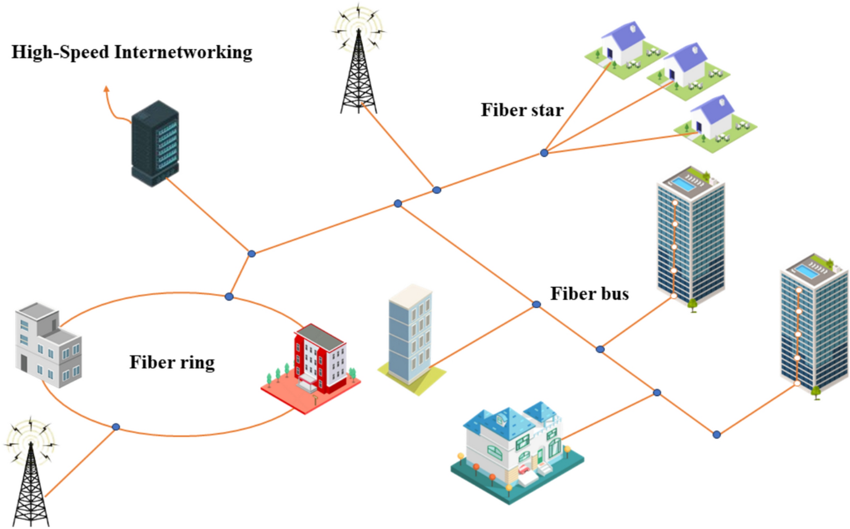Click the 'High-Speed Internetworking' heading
132,53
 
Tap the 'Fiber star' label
522,110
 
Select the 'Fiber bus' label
589,294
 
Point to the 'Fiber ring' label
172,362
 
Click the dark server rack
155,144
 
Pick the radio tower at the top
358,62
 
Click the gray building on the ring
48,345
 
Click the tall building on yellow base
411,337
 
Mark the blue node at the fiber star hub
544,153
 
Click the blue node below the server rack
252,253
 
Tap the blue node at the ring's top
229,296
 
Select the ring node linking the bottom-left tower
116,427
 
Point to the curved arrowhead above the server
106,88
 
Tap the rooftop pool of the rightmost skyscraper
807,272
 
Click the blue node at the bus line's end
716,435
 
